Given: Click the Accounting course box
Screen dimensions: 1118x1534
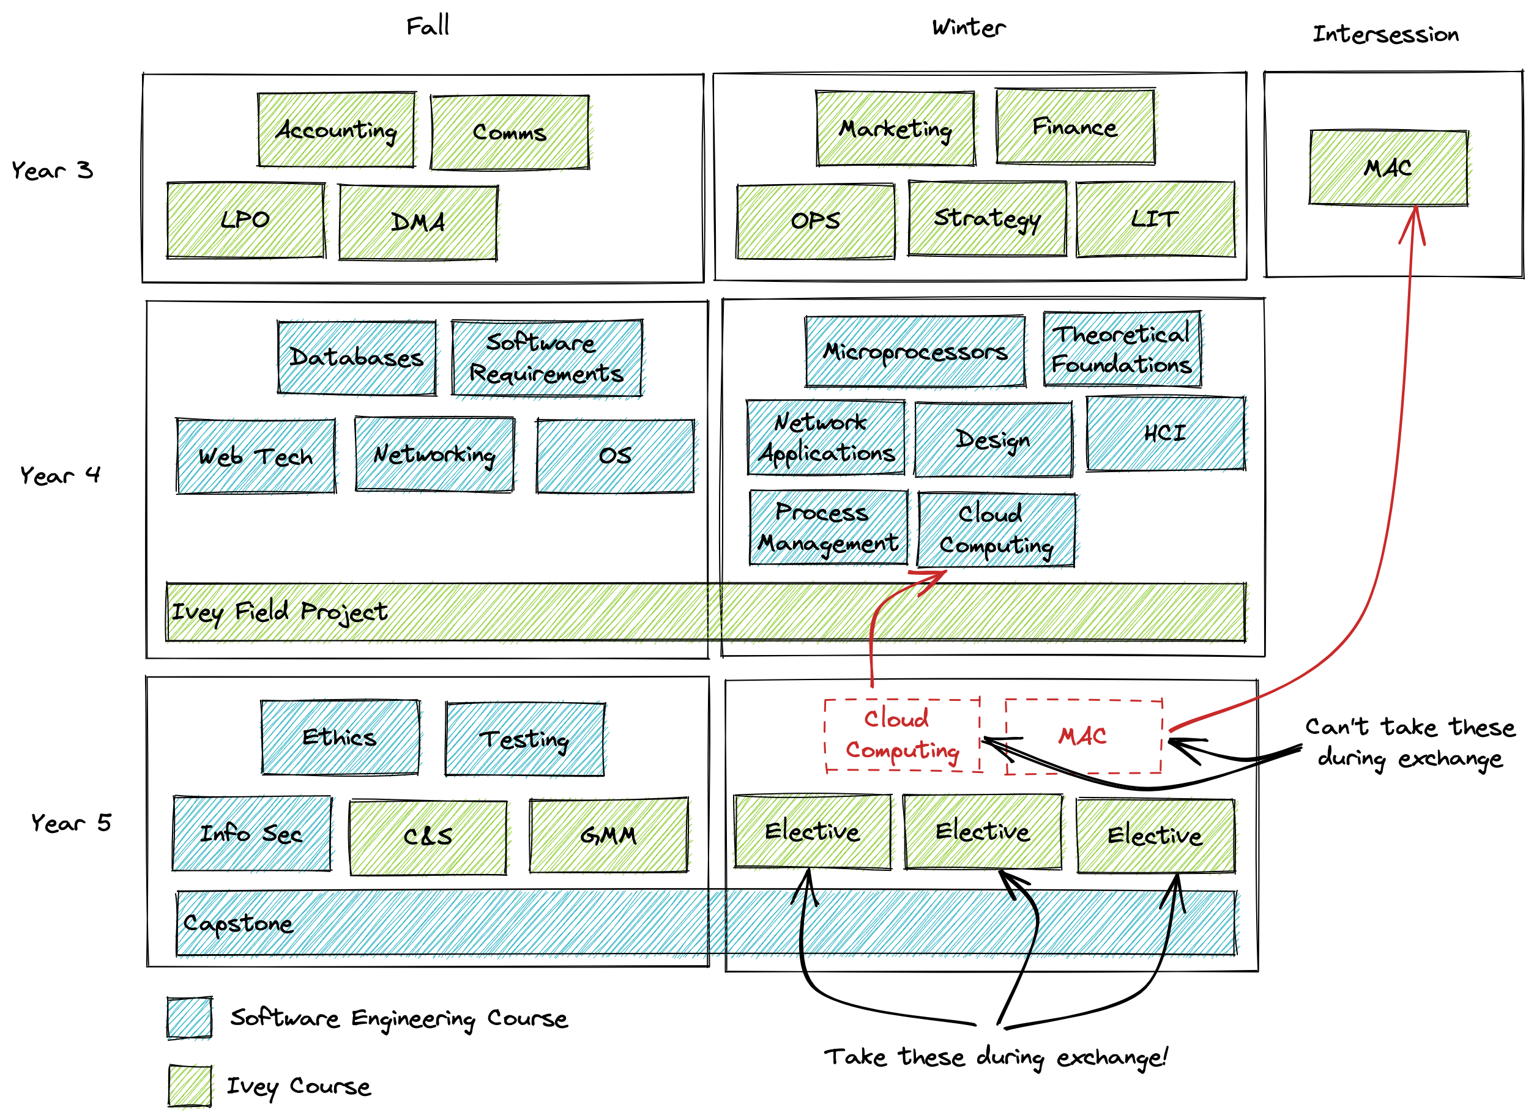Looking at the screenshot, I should pyautogui.click(x=336, y=130).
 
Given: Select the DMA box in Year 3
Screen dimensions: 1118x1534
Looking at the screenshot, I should pyautogui.click(x=418, y=223).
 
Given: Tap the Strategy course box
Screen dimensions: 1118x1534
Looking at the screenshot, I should pyautogui.click(x=986, y=218).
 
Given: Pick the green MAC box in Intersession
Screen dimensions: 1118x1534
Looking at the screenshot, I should pyautogui.click(x=1388, y=167).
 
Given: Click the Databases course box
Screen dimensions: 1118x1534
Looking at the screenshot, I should pyautogui.click(x=356, y=357).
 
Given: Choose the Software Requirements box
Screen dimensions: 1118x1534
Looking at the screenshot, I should pyautogui.click(x=546, y=358).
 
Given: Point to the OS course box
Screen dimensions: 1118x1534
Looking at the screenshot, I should pyautogui.click(x=615, y=456).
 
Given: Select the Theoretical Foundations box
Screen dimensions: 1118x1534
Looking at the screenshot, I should pyautogui.click(x=1122, y=349).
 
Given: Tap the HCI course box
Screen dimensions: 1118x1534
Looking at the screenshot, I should pyautogui.click(x=1165, y=433).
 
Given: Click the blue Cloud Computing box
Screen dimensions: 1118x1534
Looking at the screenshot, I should pyautogui.click(x=995, y=529).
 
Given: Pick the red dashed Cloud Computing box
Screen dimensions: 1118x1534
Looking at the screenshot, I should pyautogui.click(x=902, y=735).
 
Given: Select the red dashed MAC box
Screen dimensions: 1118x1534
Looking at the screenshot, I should pyautogui.click(x=1083, y=736).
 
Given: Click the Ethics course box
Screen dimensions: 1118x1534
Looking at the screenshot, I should pyautogui.click(x=339, y=737).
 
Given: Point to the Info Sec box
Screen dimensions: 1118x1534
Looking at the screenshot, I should pyautogui.click(x=251, y=833).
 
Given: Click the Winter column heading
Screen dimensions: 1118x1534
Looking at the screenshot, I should pyautogui.click(x=968, y=28).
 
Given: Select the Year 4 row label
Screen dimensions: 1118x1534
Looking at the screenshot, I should pyautogui.click(x=60, y=475).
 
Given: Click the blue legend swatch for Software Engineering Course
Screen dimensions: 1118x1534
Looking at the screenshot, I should pyautogui.click(x=190, y=1017).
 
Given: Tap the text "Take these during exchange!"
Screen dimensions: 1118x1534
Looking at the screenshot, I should pyautogui.click(x=995, y=1057).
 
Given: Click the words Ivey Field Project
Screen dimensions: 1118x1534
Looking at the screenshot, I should pyautogui.click(x=279, y=612).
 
